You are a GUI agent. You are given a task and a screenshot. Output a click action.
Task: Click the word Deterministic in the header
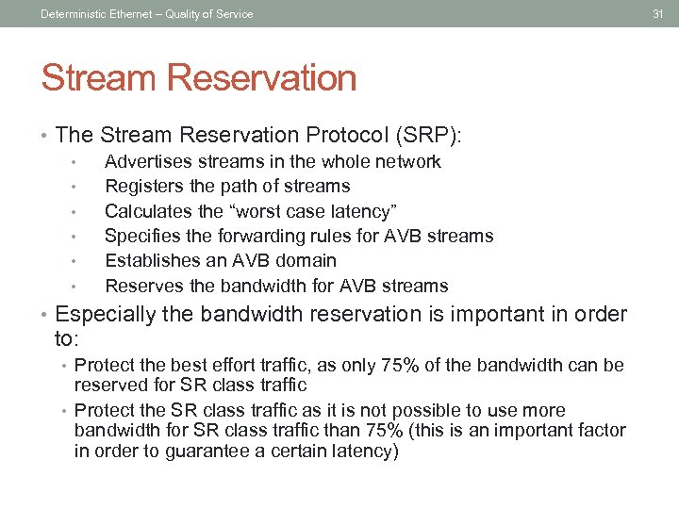point(74,13)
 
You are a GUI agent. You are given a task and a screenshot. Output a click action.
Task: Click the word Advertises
point(145,162)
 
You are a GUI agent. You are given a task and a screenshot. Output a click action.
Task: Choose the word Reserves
point(141,286)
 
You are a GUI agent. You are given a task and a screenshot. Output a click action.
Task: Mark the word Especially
point(106,314)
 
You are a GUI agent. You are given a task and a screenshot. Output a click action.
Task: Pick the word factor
point(602,431)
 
